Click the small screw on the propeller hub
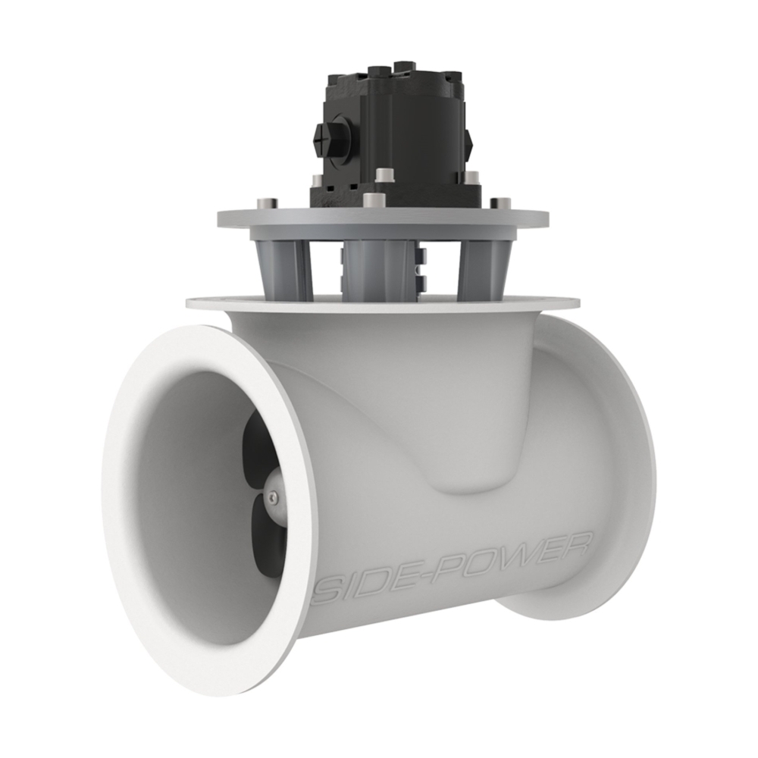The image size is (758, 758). [x=272, y=496]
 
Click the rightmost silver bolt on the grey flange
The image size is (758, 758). [x=500, y=203]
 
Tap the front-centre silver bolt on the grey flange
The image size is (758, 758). [x=371, y=200]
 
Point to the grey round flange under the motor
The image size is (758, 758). [x=383, y=222]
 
